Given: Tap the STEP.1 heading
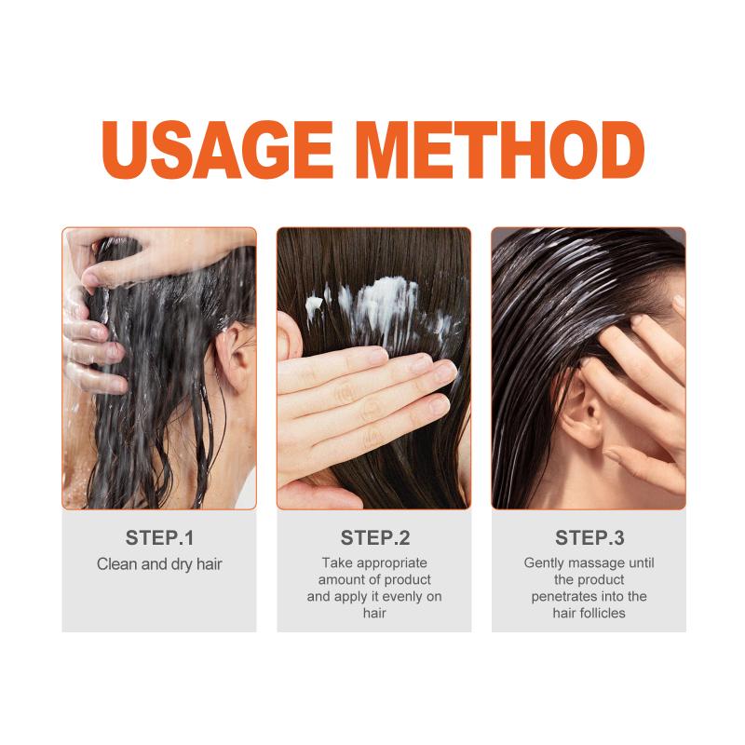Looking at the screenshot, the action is coord(159,538).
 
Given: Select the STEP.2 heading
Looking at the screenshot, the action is coord(375,538).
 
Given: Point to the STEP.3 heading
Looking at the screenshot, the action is coord(589,538).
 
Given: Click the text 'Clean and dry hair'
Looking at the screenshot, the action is coord(159,564).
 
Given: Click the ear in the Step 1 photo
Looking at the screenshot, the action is coord(234,357).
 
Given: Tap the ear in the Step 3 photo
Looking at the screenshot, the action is coord(585,411).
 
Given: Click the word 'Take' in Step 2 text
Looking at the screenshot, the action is coord(337,563).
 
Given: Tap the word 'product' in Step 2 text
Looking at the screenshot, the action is coord(408,580).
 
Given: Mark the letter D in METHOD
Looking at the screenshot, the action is coord(620,149).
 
